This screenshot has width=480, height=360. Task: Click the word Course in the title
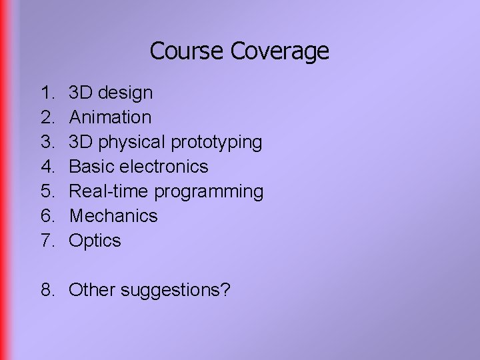[x=187, y=51]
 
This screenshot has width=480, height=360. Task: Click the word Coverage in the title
[x=280, y=51]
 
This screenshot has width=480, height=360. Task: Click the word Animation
[x=110, y=117]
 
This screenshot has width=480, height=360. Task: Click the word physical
[x=133, y=142]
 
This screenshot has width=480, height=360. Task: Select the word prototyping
[x=217, y=143]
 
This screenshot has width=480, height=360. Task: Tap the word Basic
[x=93, y=167]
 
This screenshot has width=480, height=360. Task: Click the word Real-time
[x=109, y=191]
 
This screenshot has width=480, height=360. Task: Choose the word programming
[x=209, y=192]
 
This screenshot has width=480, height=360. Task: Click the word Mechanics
[x=113, y=216]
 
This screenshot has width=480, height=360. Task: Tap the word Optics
[x=95, y=241]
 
